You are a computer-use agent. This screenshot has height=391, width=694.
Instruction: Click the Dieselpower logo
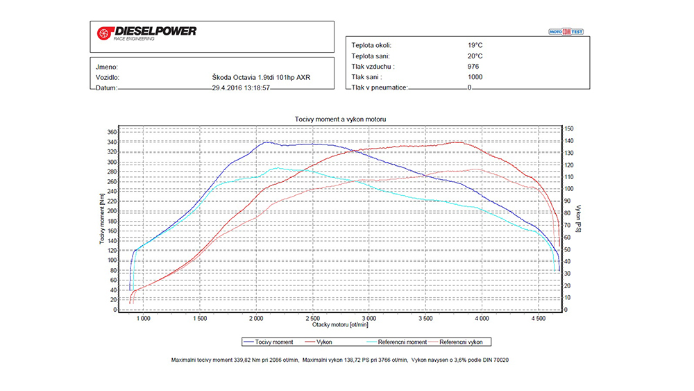coord(147,33)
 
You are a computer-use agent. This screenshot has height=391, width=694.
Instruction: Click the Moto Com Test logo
coord(566,31)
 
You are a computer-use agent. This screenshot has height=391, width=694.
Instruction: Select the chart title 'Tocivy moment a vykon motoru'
coord(339,119)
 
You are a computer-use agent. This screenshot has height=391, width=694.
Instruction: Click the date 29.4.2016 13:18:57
coord(241,88)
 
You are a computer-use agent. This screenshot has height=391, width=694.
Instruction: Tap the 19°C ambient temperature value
coord(475,45)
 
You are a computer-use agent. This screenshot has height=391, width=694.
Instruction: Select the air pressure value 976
coord(473,67)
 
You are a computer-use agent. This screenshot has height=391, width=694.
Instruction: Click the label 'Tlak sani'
coord(369,77)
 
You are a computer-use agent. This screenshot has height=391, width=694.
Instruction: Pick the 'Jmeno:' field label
coord(106,67)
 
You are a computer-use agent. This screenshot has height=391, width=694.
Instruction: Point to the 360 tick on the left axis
coord(112,132)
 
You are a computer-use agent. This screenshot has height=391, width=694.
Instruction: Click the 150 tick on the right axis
coord(569,128)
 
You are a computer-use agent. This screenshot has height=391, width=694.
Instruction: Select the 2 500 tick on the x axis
coord(312,318)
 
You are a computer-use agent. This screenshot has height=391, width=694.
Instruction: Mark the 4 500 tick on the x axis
coord(538,318)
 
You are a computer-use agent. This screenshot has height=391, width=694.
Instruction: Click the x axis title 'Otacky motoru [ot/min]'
coord(339,324)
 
